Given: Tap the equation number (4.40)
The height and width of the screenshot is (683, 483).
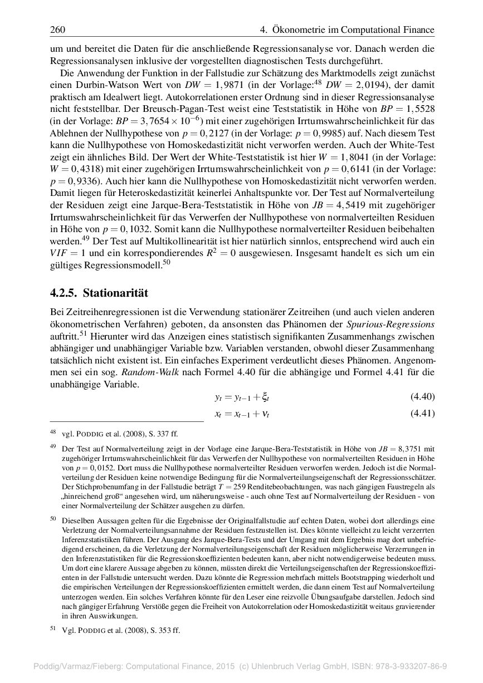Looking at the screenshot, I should coord(422,397).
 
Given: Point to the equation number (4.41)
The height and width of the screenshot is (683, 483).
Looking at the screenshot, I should coord(422,414).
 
